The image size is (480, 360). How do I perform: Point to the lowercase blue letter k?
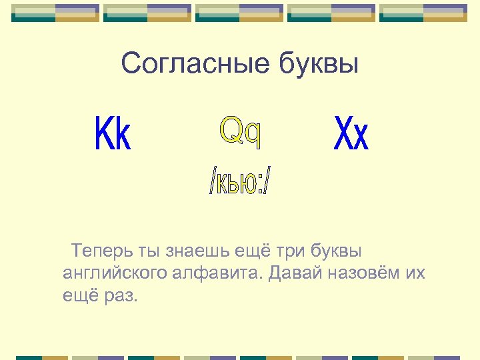click(122, 135)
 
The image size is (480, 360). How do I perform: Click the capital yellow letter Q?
click(231, 131)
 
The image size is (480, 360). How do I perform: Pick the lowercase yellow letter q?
click(252, 135)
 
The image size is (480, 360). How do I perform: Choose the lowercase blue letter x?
click(360, 137)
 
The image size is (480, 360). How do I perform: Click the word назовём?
click(365, 273)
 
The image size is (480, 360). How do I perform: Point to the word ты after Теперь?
click(149, 252)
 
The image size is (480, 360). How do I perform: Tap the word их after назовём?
click(415, 273)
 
